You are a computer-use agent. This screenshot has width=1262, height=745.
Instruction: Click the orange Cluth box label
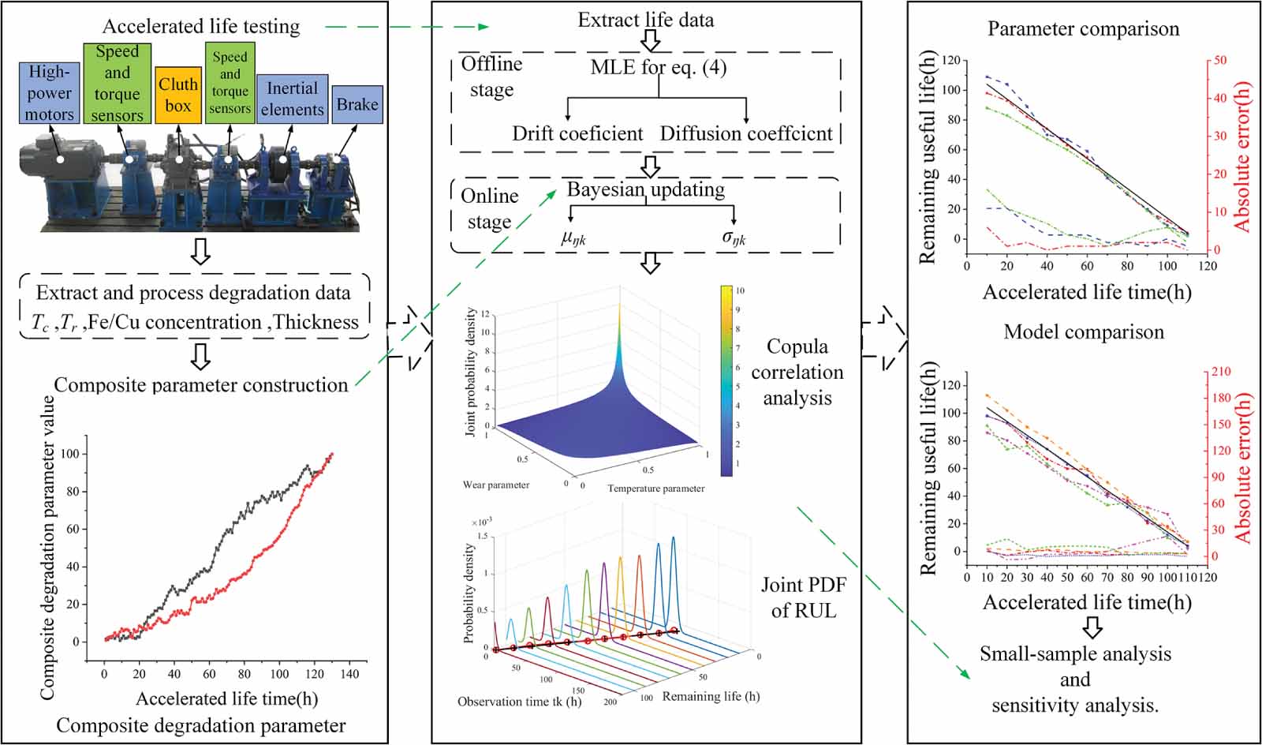(178, 95)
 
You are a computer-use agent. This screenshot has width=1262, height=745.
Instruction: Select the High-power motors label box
(49, 93)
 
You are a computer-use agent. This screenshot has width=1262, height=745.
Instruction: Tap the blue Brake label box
(357, 104)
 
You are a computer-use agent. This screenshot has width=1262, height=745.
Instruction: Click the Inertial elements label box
(292, 99)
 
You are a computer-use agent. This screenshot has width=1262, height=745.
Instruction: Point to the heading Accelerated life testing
(201, 26)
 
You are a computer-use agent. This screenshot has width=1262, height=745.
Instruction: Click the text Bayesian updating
(645, 189)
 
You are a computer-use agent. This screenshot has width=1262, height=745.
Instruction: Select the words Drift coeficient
(577, 133)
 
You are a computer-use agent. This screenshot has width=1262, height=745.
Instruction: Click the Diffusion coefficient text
(745, 133)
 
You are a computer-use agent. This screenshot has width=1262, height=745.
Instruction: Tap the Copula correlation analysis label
(797, 372)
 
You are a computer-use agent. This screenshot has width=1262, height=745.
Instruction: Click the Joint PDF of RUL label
(803, 597)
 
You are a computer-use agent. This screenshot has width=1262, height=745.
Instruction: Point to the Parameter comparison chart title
(1083, 29)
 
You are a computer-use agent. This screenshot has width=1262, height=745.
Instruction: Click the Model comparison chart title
(1083, 332)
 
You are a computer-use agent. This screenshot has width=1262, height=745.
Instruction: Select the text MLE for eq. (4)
(658, 67)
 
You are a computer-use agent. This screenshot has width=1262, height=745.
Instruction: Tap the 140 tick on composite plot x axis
(349, 674)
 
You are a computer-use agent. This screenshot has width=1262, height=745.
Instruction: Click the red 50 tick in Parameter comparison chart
(1219, 60)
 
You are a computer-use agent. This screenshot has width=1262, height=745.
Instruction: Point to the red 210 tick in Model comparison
(1220, 372)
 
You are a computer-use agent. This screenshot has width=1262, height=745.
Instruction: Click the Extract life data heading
(645, 20)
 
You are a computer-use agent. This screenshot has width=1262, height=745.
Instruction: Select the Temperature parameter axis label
(655, 489)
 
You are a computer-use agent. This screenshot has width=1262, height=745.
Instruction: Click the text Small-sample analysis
(1074, 654)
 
